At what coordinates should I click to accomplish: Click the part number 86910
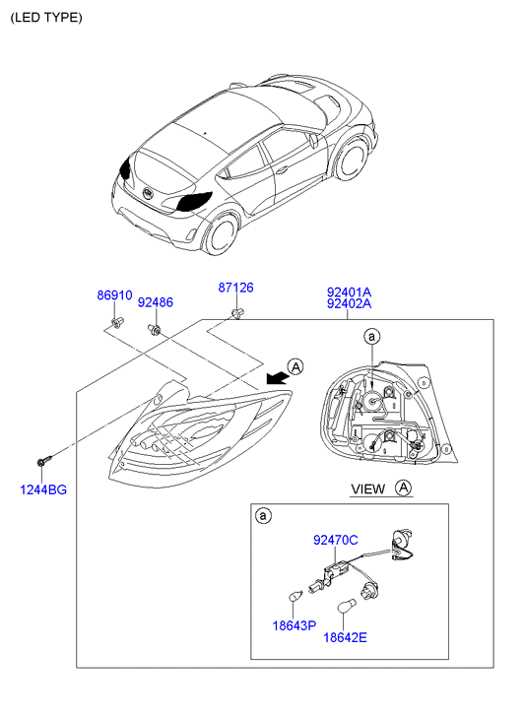point(114,295)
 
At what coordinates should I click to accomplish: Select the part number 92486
point(156,302)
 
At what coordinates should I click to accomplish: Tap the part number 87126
point(235,288)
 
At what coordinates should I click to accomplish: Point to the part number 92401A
point(349,292)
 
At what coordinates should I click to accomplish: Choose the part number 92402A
point(349,303)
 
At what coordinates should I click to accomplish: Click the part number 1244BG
point(43,489)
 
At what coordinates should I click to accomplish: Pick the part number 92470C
point(336,540)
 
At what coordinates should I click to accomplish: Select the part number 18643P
point(295,625)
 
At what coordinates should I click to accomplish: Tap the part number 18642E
point(345,637)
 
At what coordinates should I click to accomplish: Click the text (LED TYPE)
point(46,18)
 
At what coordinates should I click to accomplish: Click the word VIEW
point(367,489)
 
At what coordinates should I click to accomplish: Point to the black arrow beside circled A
point(277,377)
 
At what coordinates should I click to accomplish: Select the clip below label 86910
point(117,322)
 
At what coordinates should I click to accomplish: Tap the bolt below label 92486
point(154,329)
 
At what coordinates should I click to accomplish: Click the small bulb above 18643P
point(296,596)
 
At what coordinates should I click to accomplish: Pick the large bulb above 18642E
point(345,607)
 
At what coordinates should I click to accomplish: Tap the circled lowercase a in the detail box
point(263,516)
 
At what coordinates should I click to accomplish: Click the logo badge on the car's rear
point(148,193)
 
